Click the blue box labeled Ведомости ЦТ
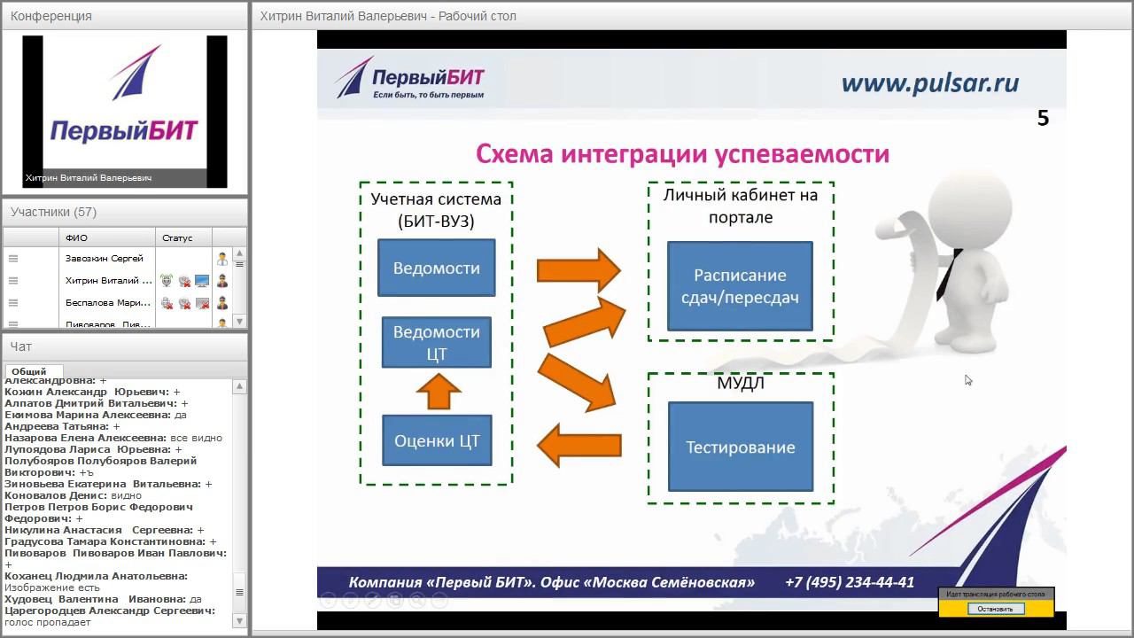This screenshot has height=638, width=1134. tap(437, 343)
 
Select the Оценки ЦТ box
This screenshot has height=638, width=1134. tap(437, 440)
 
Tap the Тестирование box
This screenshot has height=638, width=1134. tap(741, 447)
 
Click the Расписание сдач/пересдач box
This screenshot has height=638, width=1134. tap(740, 286)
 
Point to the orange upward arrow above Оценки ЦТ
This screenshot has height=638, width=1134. tap(438, 390)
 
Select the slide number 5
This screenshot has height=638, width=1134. tap(1043, 119)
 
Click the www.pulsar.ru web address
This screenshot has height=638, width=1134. tap(930, 83)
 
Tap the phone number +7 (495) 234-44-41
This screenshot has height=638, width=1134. tap(850, 582)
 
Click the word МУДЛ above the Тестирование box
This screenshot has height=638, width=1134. tap(741, 384)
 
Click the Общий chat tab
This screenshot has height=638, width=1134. tap(30, 372)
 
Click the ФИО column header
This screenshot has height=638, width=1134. tap(76, 237)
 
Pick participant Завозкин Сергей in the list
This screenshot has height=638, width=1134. tap(105, 258)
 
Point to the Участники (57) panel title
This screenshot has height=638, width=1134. tap(53, 212)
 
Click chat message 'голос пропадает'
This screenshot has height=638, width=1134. tap(48, 622)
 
